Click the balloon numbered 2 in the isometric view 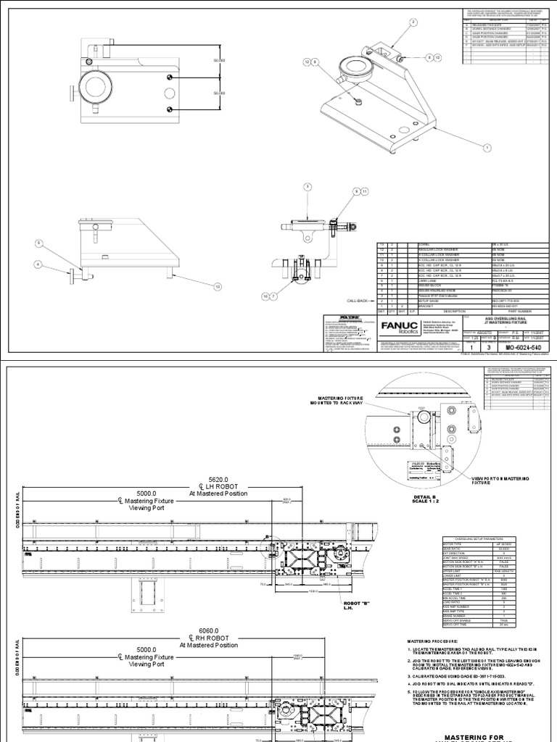(413, 22)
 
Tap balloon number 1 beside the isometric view (487, 146)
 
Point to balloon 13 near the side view (216, 287)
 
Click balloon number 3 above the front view (308, 186)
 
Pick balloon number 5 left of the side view (40, 243)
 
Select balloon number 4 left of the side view (38, 265)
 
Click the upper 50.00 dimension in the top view (220, 62)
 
